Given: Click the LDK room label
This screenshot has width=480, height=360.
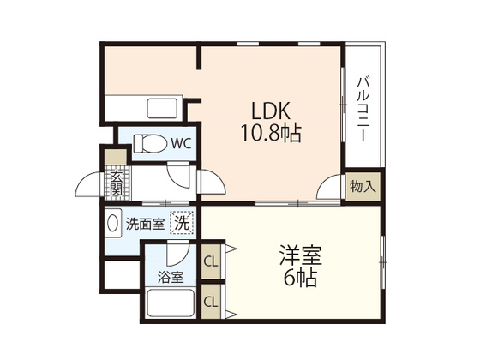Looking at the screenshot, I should pyautogui.click(x=271, y=111).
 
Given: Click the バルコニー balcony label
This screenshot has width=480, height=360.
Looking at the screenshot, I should pyautogui.click(x=363, y=108).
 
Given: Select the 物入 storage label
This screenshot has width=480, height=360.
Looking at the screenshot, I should pyautogui.click(x=361, y=185).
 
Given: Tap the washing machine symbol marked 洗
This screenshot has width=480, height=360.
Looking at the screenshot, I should pyautogui.click(x=181, y=223).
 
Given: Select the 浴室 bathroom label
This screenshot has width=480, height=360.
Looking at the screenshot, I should pyautogui.click(x=171, y=278).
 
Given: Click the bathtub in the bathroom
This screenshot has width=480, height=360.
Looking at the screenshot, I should pyautogui.click(x=170, y=305).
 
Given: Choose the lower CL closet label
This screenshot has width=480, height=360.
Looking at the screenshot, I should pyautogui.click(x=211, y=301).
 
